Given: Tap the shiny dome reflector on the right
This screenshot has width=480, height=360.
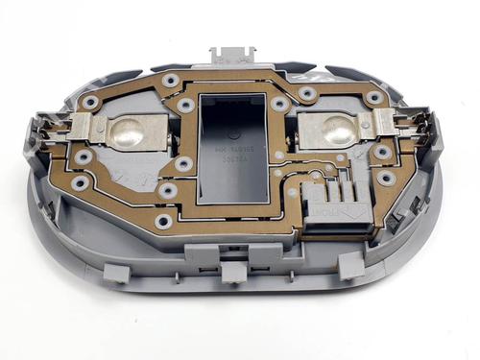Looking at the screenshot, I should (x=334, y=130).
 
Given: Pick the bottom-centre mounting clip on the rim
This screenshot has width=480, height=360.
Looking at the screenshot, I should (x=231, y=274).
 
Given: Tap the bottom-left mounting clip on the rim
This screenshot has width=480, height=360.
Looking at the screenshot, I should (x=116, y=273).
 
